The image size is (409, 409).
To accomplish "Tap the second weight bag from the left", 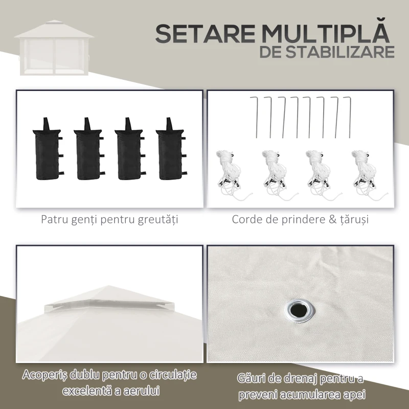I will click(87, 149).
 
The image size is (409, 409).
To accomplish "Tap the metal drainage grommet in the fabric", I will click(298, 310).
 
